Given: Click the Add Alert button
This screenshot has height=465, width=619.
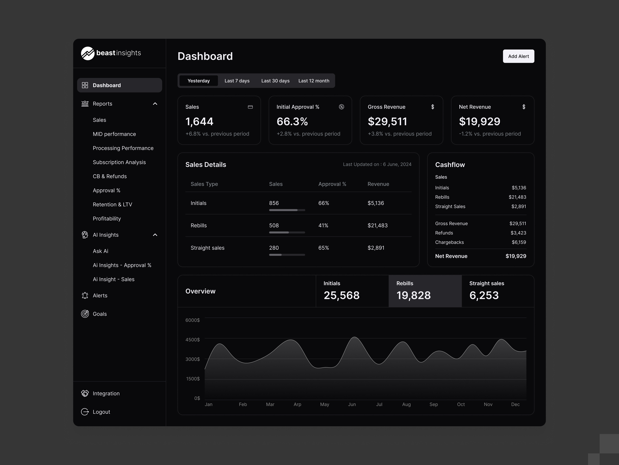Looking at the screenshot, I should (518, 56).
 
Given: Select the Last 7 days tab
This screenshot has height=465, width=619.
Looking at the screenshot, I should (237, 81).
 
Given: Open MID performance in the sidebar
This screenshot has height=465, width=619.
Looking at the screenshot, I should (114, 134).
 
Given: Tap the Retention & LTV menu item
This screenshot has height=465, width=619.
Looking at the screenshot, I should (112, 204).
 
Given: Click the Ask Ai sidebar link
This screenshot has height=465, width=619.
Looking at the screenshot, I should (100, 251).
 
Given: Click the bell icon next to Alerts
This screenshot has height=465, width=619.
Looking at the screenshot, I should (85, 295).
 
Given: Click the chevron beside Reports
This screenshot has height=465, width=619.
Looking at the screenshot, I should (155, 104).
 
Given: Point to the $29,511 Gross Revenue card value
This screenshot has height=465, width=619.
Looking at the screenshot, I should (387, 121).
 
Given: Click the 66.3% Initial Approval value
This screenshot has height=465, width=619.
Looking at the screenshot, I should (292, 121).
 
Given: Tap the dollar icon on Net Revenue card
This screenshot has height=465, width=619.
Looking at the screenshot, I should (524, 107).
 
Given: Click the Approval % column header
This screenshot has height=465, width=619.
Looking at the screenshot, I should (332, 184).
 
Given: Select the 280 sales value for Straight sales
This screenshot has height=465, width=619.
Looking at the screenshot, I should (274, 248).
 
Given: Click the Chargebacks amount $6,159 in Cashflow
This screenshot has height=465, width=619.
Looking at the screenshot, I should (519, 242).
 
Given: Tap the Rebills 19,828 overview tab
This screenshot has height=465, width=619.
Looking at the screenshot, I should (425, 291).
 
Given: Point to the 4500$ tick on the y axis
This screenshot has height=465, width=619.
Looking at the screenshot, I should (192, 339).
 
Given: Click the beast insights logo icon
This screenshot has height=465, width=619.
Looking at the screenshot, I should (88, 53).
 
